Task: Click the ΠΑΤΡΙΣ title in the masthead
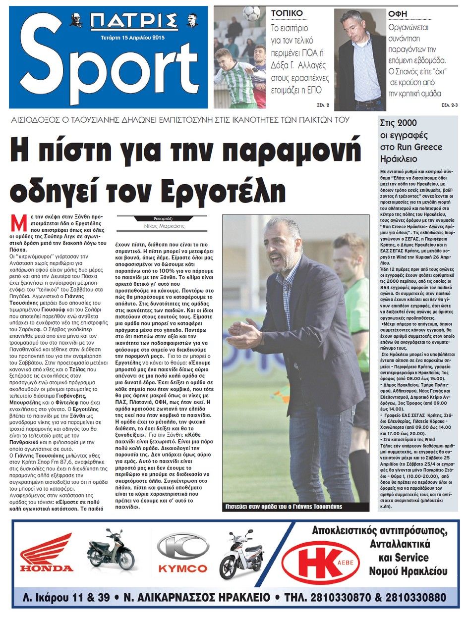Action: (x=134, y=22)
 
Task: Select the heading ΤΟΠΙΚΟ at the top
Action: (x=287, y=13)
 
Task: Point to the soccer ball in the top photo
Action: (x=252, y=13)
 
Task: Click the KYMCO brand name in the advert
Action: (x=182, y=568)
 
